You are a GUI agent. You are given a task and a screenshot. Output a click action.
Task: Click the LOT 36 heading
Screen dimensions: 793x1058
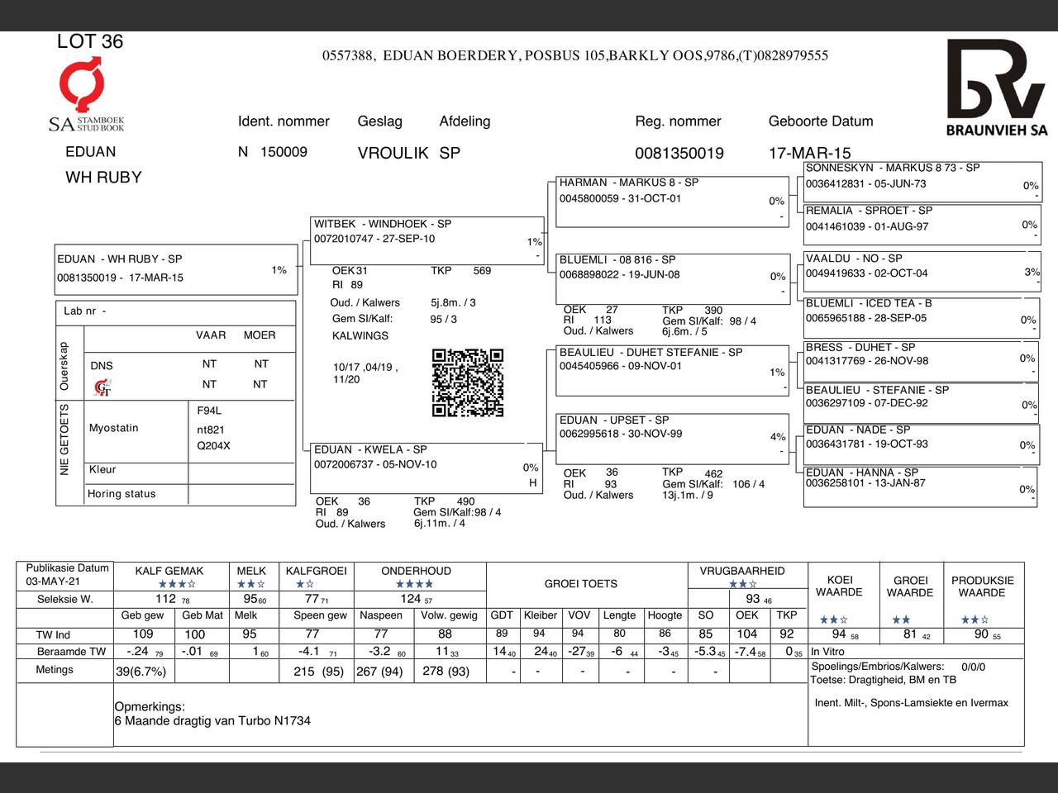point(89,42)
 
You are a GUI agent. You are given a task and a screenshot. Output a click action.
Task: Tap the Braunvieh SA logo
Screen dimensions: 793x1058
point(996,87)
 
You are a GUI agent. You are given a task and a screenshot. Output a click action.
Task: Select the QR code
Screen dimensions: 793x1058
point(467,382)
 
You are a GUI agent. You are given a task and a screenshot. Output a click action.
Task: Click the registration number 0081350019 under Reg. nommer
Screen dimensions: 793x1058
point(679,153)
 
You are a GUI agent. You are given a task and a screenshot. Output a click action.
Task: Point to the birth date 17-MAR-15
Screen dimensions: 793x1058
point(809,153)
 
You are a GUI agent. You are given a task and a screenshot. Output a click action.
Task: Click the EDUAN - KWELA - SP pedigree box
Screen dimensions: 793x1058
point(426,467)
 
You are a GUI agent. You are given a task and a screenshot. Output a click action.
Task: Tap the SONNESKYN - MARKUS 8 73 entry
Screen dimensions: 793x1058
point(921,183)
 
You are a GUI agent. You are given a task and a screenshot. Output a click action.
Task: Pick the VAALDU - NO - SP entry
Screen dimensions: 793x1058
point(921,272)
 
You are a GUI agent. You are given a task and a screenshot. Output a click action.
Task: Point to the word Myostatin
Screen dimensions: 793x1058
point(114,428)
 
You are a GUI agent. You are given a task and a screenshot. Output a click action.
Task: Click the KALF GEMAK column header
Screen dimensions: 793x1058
point(169,571)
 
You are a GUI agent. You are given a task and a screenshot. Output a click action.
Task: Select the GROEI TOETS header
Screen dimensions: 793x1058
point(580,584)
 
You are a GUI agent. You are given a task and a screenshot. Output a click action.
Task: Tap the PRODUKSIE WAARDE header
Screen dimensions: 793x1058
point(982,586)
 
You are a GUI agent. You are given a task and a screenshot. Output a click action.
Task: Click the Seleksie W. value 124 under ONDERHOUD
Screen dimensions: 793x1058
point(411,599)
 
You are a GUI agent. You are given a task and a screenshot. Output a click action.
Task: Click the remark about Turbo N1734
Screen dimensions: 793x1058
point(212,721)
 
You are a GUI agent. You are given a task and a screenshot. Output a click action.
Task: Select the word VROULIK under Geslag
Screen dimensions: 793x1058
point(393,153)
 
